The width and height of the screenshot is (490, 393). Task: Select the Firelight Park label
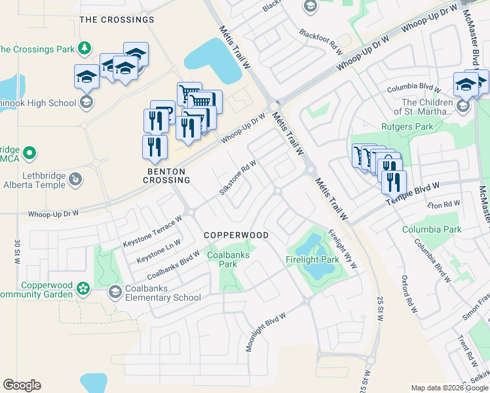pos(312,260)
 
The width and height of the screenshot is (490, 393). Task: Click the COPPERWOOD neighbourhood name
pos(236,234)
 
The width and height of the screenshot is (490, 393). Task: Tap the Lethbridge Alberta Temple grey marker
pos(75,179)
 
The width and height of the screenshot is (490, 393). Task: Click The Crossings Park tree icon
pos(84,48)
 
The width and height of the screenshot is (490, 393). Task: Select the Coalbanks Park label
pos(222,259)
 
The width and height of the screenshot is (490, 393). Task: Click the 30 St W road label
pos(16,252)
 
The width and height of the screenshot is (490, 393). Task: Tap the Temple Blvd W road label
pos(421,194)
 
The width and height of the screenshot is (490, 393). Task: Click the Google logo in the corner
pos(22,385)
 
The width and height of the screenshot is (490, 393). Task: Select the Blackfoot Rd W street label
pos(321,41)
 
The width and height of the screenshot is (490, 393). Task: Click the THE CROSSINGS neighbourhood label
pos(117,20)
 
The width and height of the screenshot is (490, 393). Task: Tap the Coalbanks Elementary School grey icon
pos(115,292)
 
